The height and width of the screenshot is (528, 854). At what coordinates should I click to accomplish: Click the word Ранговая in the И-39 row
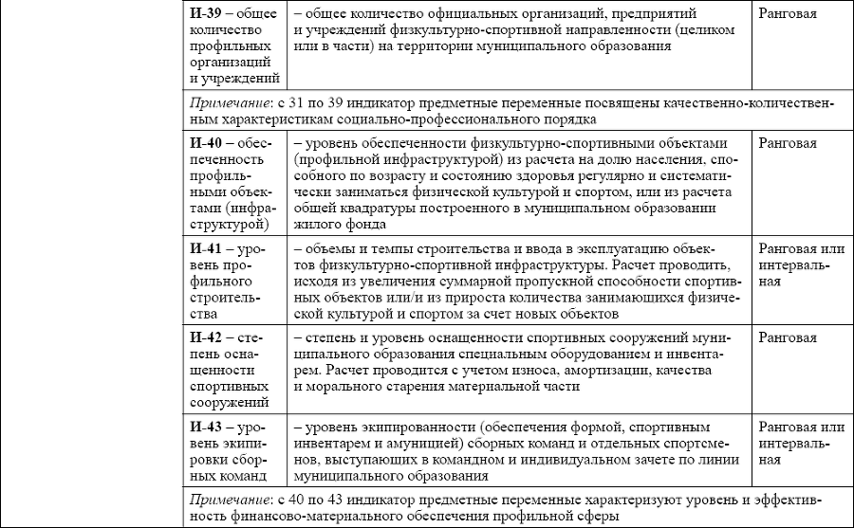pos(789,15)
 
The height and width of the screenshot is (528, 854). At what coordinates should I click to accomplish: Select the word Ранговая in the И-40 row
pos(789,141)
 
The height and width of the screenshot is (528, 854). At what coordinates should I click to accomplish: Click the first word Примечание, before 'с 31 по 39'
pos(227,102)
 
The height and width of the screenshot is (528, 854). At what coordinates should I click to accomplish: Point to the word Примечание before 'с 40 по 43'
pos(227,499)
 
